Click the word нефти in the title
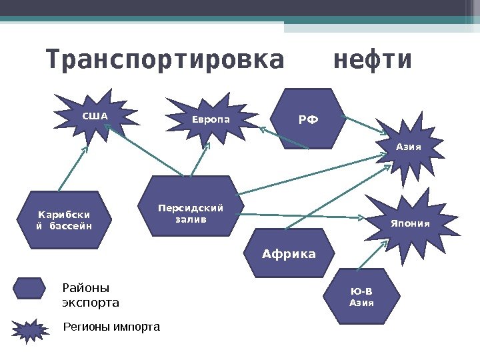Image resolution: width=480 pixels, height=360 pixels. (x=372, y=61)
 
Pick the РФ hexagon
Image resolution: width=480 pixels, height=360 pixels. (x=308, y=119)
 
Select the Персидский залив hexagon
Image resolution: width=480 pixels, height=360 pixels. (x=191, y=206)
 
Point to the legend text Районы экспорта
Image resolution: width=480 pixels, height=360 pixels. (x=90, y=295)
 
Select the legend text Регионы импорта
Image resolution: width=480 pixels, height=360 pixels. (x=111, y=327)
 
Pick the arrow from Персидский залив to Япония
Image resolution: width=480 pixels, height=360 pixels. (x=300, y=216)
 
